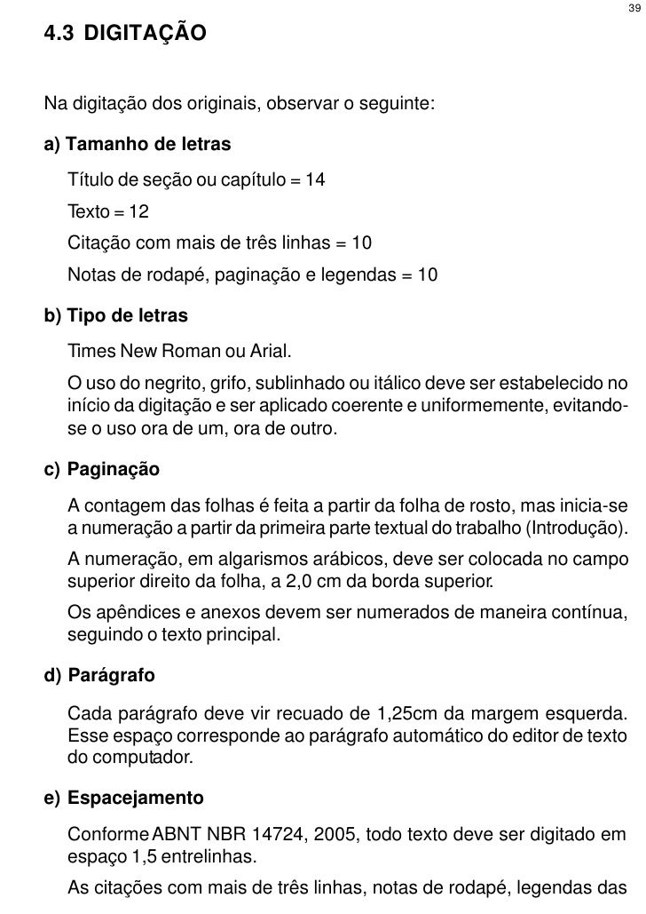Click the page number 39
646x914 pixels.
coord(632,9)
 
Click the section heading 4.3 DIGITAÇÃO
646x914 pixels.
coord(125,36)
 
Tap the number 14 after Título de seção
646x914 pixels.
coord(315,181)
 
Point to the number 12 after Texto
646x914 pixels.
coord(138,213)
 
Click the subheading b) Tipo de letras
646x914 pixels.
coord(128,316)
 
